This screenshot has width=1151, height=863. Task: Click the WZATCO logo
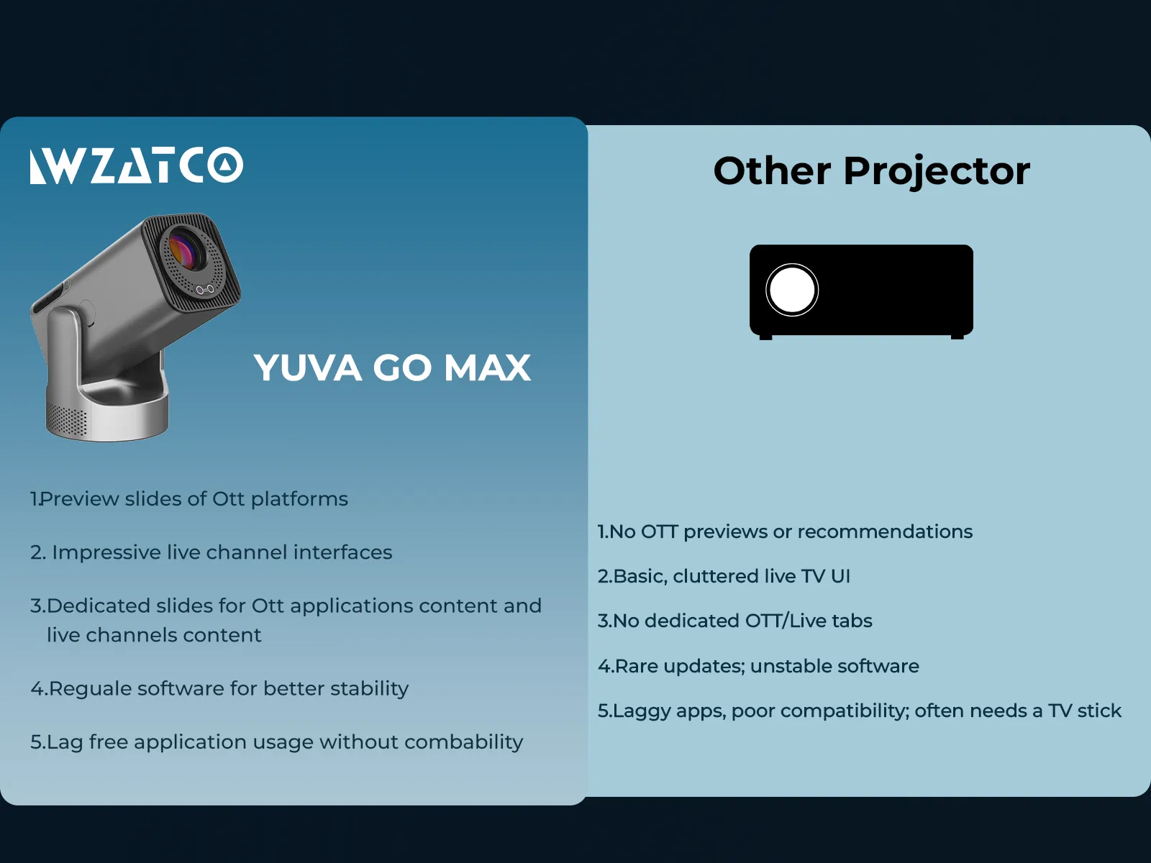(137, 165)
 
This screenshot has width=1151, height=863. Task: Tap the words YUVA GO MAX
(392, 367)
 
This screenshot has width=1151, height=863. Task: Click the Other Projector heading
(871, 171)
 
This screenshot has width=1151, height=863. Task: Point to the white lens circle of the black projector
(792, 290)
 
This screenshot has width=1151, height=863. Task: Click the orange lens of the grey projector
(185, 250)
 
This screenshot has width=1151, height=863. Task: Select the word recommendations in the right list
(885, 532)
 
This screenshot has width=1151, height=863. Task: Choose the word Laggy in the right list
(642, 712)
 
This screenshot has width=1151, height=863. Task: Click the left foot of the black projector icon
(765, 337)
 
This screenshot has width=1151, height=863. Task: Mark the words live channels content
(154, 635)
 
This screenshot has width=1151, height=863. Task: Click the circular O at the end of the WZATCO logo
(225, 165)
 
